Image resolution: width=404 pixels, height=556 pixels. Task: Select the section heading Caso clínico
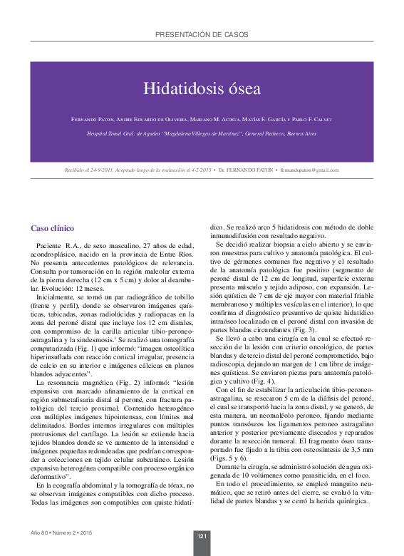coord(53,228)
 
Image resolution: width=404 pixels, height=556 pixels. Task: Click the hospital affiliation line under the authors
coord(202,133)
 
